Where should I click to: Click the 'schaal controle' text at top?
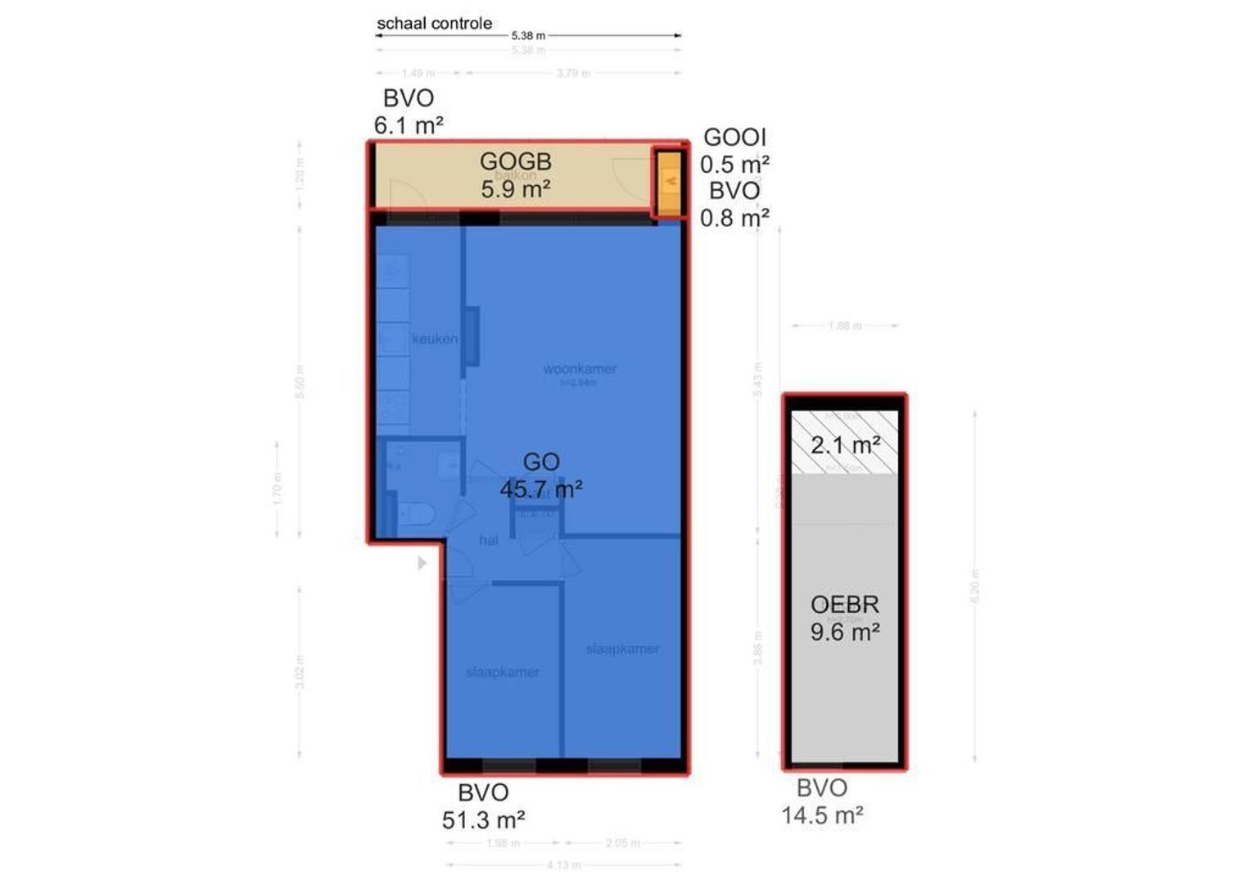434,24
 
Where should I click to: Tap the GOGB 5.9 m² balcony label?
515,175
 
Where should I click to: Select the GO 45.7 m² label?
541,475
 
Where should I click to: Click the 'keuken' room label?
435,338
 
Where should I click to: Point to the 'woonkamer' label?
580,369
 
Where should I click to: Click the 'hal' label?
489,540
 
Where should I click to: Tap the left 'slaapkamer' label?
502,672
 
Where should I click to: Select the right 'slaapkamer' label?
622,648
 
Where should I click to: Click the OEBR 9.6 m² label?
845,618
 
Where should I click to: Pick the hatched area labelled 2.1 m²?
845,444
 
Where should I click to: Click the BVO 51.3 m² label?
483,806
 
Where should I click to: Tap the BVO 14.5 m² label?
822,801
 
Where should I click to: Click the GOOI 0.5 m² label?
734,150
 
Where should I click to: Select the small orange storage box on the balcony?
671,181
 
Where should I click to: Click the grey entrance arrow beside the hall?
422,563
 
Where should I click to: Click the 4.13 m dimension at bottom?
563,865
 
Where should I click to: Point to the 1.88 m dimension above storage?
844,325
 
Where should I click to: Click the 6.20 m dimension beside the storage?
974,586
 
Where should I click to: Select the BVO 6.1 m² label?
409,111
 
